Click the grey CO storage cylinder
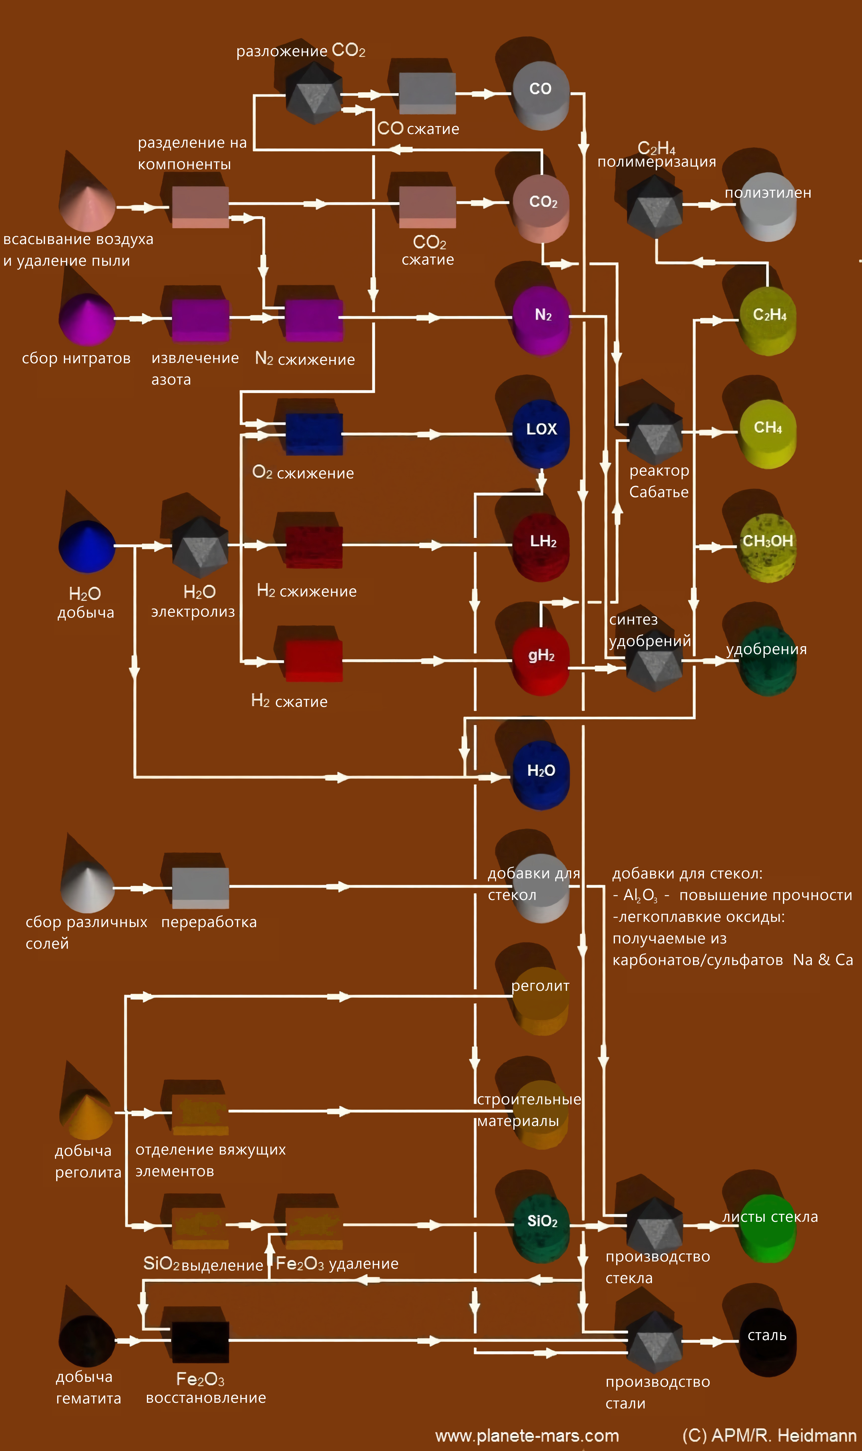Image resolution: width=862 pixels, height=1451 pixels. point(540,96)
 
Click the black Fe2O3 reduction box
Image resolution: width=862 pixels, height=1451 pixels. point(200,1342)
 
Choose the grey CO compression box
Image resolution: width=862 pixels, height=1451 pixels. point(427,93)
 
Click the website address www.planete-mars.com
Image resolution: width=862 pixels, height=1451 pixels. point(527,1435)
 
